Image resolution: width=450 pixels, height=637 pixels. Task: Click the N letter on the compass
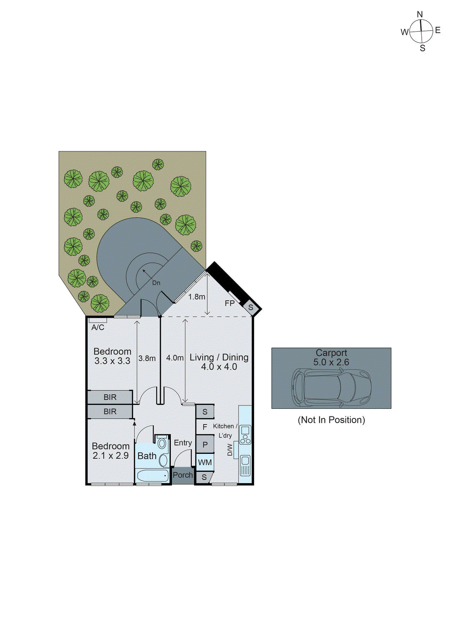420,15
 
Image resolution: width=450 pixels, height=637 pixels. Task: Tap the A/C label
98,327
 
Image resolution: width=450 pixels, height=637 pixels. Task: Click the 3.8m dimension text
147,358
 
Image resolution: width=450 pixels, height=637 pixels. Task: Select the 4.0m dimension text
175,358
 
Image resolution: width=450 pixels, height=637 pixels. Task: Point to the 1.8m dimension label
197,297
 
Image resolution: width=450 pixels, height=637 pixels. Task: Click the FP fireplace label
230,303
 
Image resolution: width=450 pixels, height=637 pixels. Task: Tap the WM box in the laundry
205,462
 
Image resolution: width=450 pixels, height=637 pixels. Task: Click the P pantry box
205,445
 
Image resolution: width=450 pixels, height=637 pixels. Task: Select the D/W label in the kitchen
230,450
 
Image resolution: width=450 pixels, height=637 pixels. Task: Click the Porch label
183,475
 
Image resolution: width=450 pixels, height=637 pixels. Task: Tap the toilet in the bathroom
162,443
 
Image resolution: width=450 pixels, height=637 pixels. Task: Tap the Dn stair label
156,283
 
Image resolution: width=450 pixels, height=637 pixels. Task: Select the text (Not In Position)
331,420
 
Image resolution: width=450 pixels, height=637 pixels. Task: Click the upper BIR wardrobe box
110,397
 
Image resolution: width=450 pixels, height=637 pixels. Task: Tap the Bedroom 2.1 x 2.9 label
111,451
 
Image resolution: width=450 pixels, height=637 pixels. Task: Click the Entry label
183,443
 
